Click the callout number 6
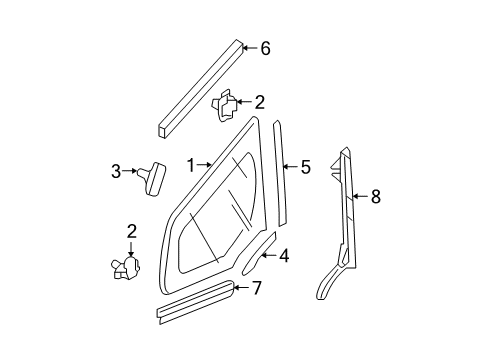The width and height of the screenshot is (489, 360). (265, 47)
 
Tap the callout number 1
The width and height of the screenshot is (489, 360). (190, 163)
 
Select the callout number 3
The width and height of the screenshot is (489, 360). (116, 171)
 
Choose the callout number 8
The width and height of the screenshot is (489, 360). (376, 197)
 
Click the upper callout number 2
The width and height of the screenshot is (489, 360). (259, 101)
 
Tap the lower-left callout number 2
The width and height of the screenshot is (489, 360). (130, 232)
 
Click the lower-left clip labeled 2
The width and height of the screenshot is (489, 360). (128, 270)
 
